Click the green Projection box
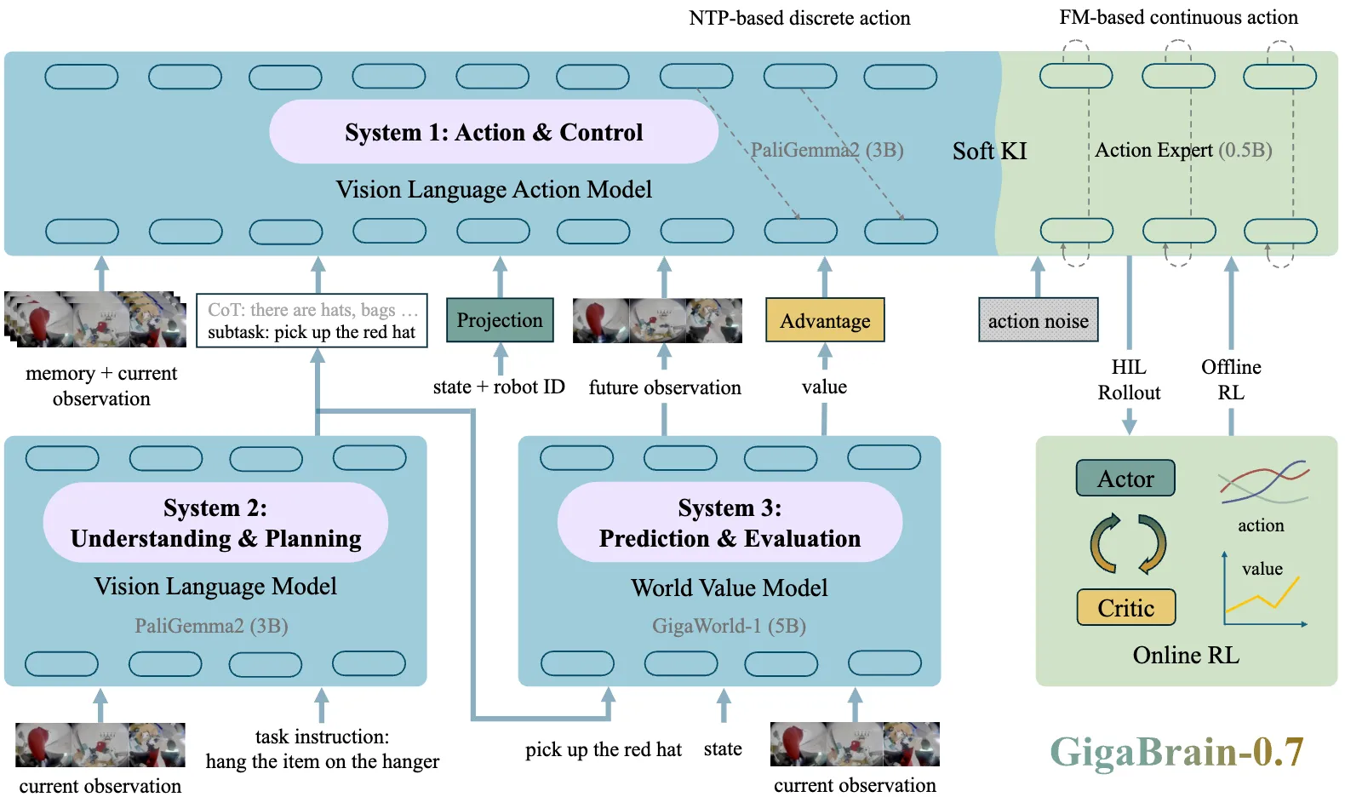coord(500,320)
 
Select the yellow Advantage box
coord(825,320)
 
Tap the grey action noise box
coord(1039,320)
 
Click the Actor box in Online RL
coord(1125,478)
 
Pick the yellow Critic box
coord(1126,607)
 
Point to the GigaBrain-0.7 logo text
coord(1176,751)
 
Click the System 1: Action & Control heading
coord(494,132)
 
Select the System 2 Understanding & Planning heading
coord(215,523)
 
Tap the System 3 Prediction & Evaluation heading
coord(730,523)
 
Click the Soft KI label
coord(989,151)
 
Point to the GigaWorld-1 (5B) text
coord(729,626)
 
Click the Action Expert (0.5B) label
coord(1183,150)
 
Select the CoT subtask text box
coord(312,321)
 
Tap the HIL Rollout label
coord(1129,380)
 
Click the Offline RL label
coord(1231,380)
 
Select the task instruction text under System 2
coord(323,749)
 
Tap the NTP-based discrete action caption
coord(799,18)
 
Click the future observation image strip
coord(657,321)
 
